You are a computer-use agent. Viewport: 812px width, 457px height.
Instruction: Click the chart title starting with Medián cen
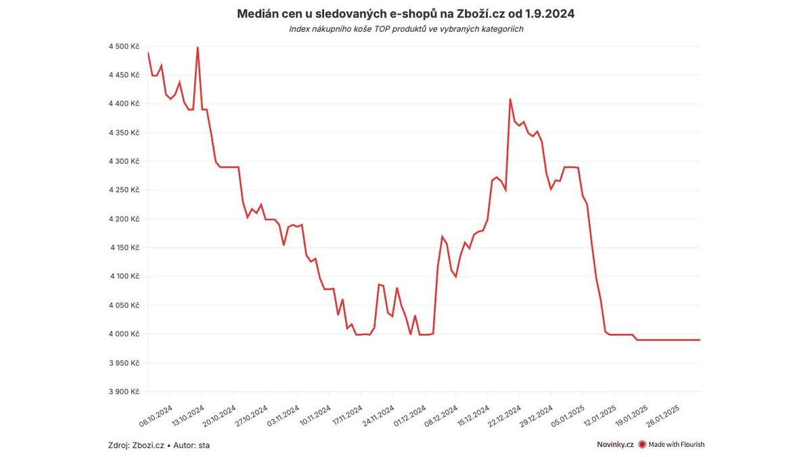point(405,14)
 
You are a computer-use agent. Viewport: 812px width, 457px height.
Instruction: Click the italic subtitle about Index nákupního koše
point(405,29)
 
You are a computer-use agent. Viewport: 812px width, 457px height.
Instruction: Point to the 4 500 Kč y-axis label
point(124,46)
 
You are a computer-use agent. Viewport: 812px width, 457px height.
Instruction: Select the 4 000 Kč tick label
point(124,334)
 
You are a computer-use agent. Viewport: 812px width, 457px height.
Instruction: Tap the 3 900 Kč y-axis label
point(124,391)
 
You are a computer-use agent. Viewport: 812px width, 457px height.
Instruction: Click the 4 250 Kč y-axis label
point(124,190)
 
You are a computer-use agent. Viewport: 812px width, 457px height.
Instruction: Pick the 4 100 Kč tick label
point(124,276)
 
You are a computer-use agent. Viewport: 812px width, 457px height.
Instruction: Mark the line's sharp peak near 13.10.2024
point(197,47)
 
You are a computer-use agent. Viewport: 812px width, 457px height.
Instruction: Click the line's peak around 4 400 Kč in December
point(510,100)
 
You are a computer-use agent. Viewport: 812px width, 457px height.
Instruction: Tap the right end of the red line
point(700,340)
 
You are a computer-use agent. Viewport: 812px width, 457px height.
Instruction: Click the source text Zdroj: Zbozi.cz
point(136,445)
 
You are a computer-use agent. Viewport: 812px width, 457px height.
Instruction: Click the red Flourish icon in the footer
point(642,444)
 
